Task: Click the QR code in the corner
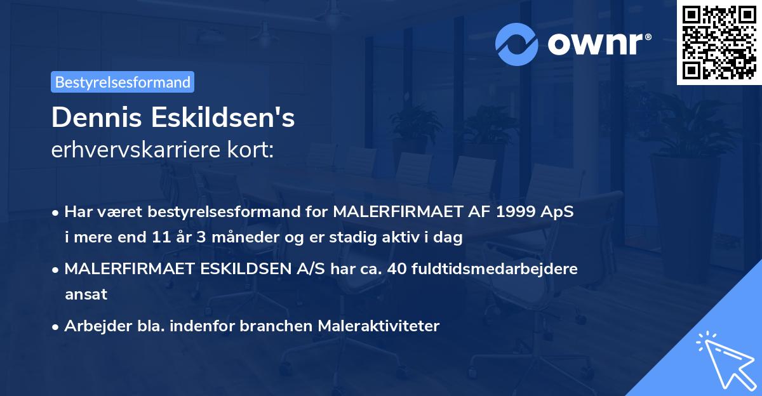tap(719, 42)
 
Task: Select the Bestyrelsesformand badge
tap(123, 82)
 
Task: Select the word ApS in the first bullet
tap(559, 211)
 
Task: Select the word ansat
tap(86, 294)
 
